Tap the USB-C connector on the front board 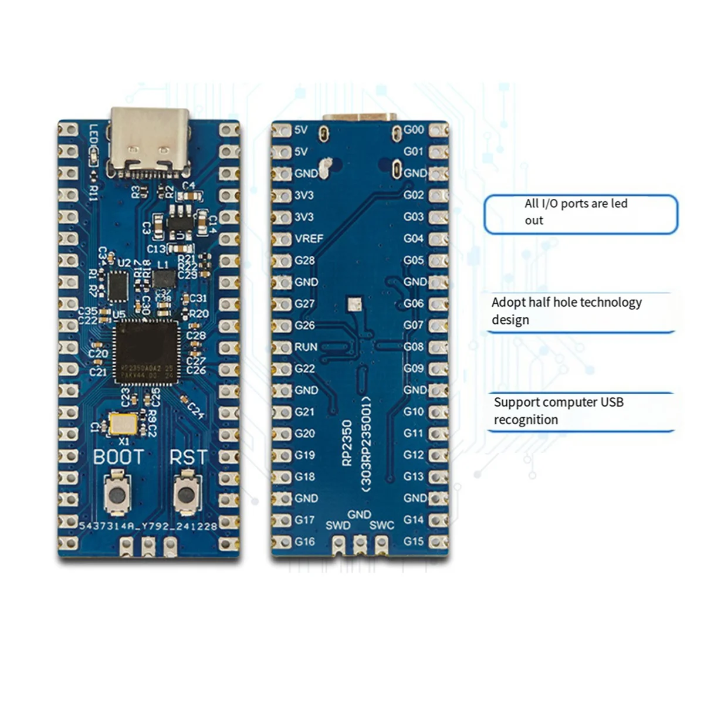click(x=150, y=141)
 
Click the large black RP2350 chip click(x=145, y=351)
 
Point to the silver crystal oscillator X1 click(x=123, y=424)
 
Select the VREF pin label click(x=309, y=239)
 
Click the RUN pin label click(x=306, y=347)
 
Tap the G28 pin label click(x=304, y=260)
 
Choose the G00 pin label click(x=414, y=130)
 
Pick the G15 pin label click(x=414, y=541)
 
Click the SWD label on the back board click(x=337, y=525)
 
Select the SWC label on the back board click(x=381, y=525)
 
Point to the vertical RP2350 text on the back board click(x=347, y=443)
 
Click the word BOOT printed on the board click(x=119, y=457)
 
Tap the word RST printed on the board click(x=188, y=457)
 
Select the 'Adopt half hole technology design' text click(x=566, y=311)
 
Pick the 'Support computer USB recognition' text click(x=558, y=411)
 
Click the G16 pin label click(x=304, y=541)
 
